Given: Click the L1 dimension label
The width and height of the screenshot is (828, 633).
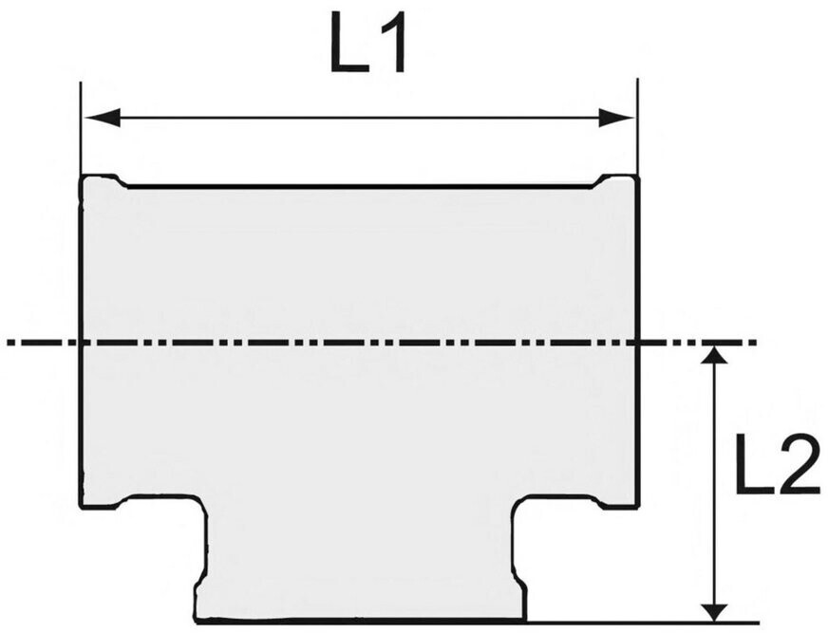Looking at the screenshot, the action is coord(368,42).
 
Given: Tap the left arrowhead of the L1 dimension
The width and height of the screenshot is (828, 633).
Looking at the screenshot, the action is coord(102,118).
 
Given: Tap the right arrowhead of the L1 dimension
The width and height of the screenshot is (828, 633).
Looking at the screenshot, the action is coord(616,118).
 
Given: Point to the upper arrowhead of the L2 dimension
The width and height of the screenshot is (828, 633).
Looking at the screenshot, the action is coord(714,355).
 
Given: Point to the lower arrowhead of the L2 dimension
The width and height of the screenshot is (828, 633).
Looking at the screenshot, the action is coord(714,611).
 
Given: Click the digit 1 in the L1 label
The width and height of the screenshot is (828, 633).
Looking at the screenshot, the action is coord(392,42).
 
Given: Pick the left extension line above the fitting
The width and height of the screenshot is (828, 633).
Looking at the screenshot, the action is coord(81,128).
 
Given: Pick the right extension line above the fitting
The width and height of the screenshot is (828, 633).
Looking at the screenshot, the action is coord(637,127).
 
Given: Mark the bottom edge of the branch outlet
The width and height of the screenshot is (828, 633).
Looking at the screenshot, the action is coord(362,621).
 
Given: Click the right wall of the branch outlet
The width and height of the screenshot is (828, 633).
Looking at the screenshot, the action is coord(518,560).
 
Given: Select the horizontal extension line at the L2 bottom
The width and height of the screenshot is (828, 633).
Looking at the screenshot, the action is coord(643,622).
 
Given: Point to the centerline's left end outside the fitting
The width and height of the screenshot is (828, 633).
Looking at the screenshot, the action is coord(8,344).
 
